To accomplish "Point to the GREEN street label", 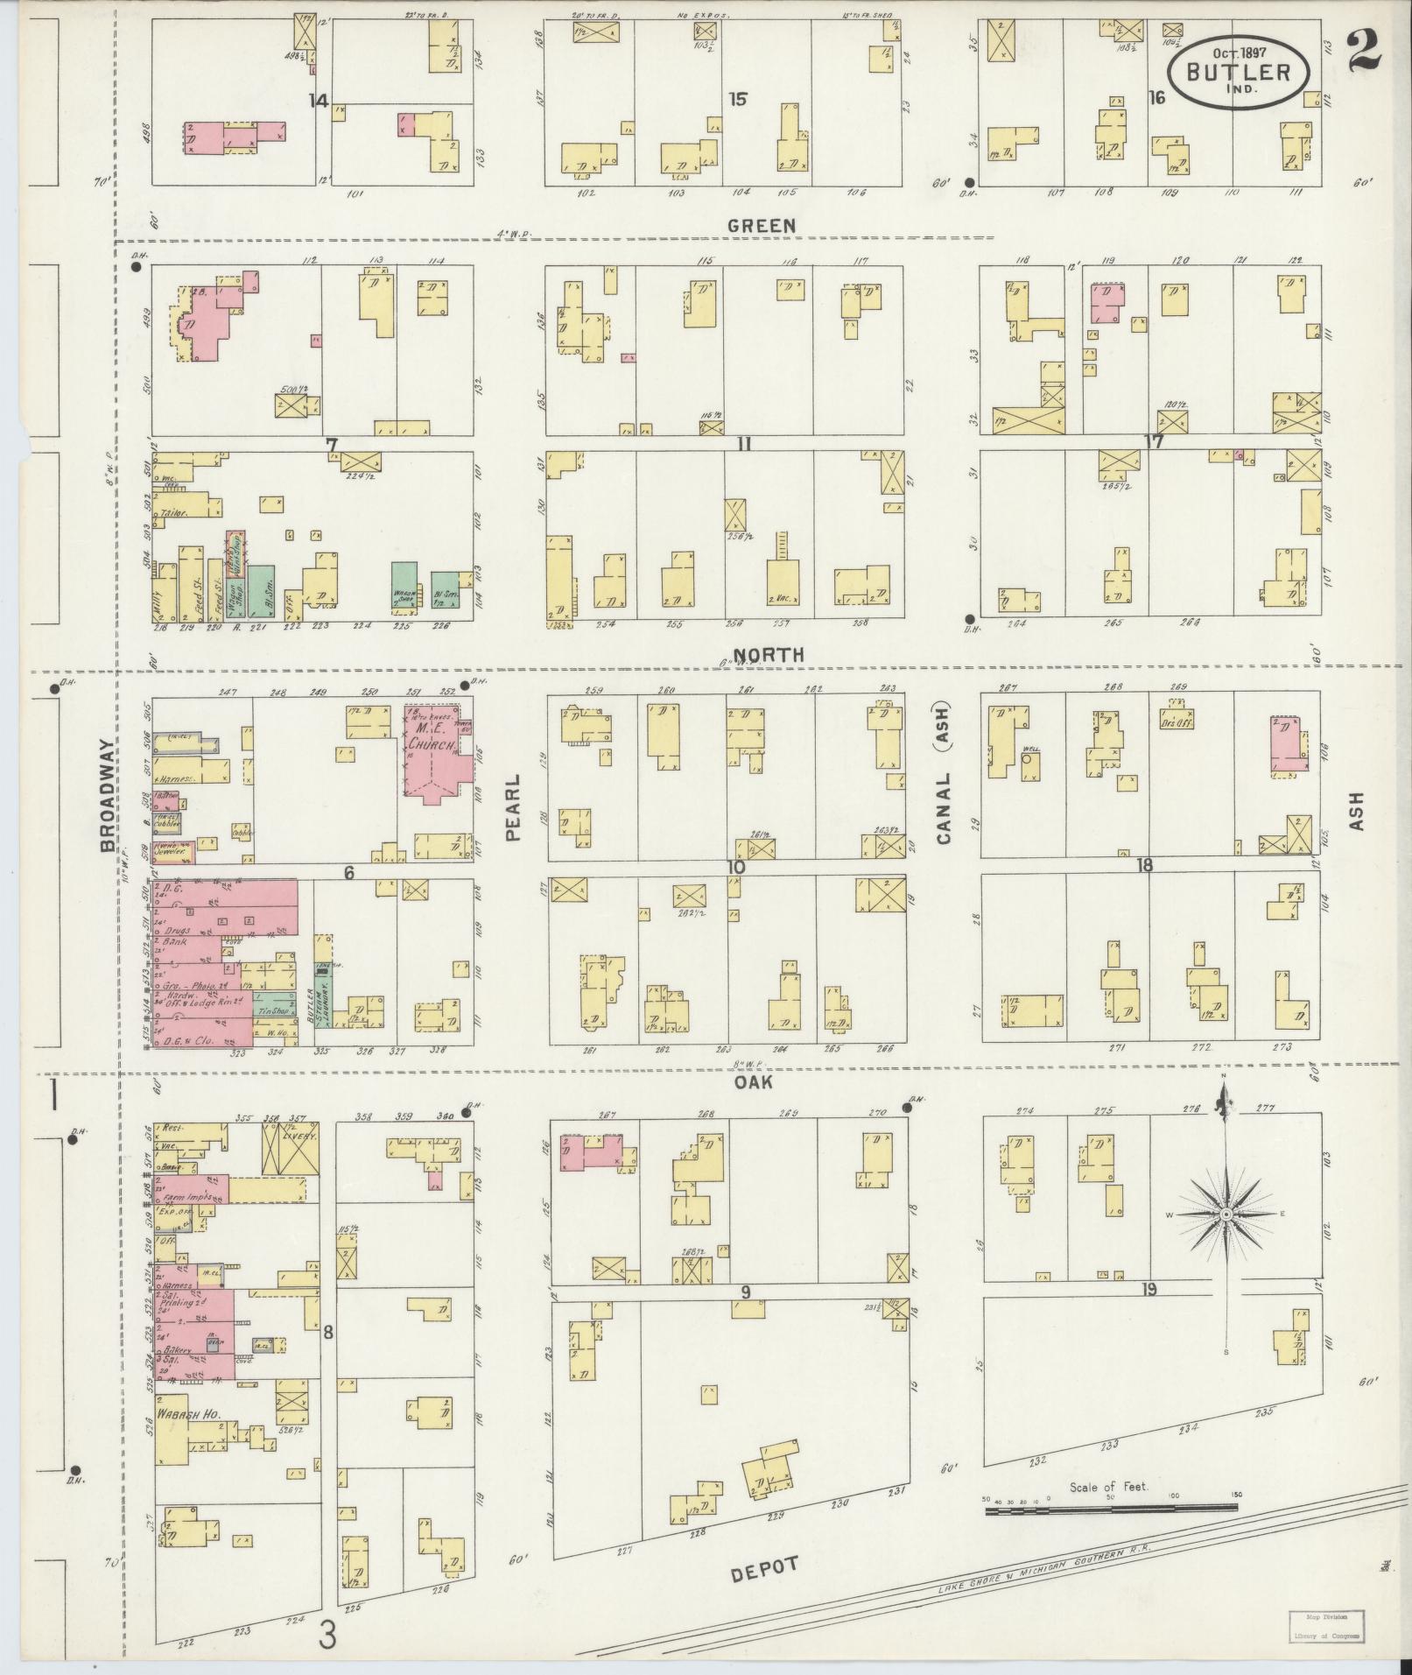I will pos(763,226).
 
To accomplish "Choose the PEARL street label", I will pos(513,806).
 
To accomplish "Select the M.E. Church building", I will pos(433,750).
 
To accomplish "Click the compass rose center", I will pos(1226,1216).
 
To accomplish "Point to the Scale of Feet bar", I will pos(1111,1509).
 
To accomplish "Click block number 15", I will pos(738,99).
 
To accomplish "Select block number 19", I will pos(1149,1289).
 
